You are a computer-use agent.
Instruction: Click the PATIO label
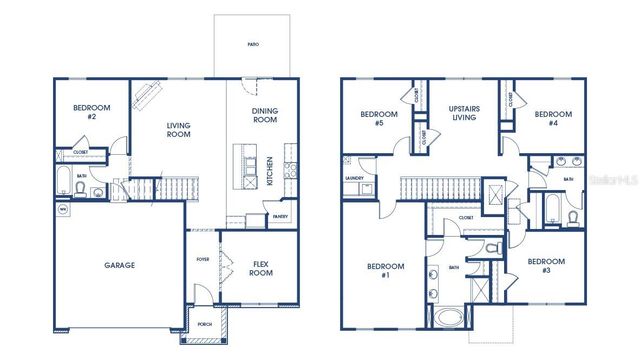coord(254,45)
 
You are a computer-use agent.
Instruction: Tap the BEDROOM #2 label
coord(91,112)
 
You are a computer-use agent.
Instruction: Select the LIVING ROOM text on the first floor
coord(178,131)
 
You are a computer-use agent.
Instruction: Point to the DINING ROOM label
coord(264,115)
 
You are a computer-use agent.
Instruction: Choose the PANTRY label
coord(280,216)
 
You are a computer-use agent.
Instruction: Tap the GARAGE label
coord(120,265)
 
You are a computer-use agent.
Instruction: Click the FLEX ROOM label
coord(261,269)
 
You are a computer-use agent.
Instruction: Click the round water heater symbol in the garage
coord(62,210)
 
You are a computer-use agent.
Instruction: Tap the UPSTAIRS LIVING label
coord(463,112)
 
